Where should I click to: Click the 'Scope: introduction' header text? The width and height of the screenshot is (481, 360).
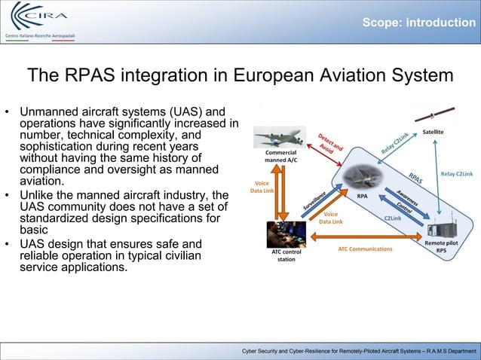click(418, 23)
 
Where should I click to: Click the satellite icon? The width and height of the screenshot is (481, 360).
click(432, 115)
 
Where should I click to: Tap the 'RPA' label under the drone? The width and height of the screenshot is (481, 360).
click(362, 196)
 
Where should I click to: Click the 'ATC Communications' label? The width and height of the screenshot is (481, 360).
click(365, 249)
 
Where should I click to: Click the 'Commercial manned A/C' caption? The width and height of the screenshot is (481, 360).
click(280, 156)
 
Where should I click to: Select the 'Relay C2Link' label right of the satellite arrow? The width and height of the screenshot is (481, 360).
click(456, 174)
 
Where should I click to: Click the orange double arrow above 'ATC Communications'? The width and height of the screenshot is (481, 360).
click(365, 239)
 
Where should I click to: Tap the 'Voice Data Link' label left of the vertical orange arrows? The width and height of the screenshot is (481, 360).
click(262, 187)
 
